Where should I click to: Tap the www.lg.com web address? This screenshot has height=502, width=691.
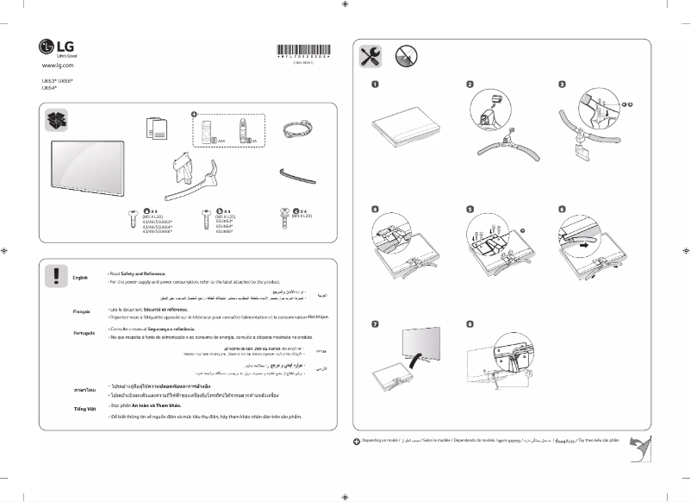coord(58,66)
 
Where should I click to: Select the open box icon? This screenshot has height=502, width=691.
coord(57,121)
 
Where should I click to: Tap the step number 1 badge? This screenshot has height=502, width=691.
coord(376,85)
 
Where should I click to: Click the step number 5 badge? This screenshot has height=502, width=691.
coord(470,209)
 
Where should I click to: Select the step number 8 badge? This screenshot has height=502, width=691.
coord(470,324)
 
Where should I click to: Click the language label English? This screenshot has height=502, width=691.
coord(81,278)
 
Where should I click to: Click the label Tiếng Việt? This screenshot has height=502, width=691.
coord(84,407)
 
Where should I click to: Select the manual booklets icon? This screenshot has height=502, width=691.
coord(157,128)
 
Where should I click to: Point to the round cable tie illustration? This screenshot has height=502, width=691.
coord(297,129)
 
